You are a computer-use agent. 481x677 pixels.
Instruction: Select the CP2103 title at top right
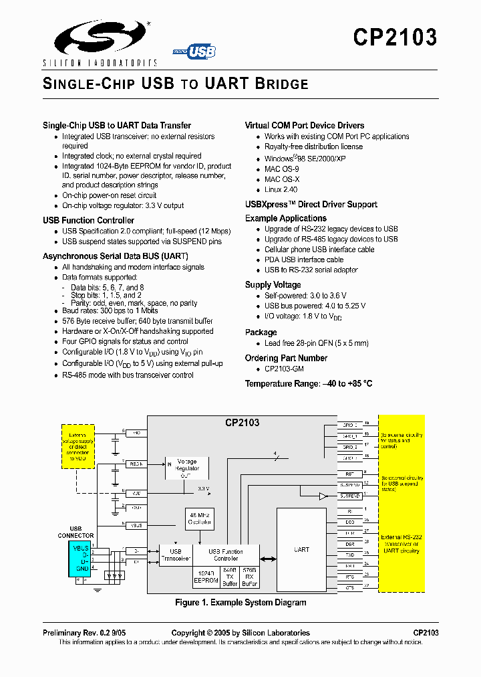pyautogui.click(x=395, y=37)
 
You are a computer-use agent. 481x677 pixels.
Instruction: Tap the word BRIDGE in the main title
pyautogui.click(x=281, y=84)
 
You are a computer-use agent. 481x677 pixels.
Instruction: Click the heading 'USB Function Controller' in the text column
pyautogui.click(x=88, y=220)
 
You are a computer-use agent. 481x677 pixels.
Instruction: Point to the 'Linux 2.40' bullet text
pyautogui.click(x=281, y=190)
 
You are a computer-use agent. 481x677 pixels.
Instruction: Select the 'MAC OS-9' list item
pyautogui.click(x=282, y=169)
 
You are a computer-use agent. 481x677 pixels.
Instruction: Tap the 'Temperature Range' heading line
pyautogui.click(x=308, y=383)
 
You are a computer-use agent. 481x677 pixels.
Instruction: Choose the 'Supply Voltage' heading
pyautogui.click(x=273, y=285)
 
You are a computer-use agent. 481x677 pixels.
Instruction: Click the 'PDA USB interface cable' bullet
pyautogui.click(x=304, y=260)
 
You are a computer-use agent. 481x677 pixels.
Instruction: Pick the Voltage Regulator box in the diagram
pyautogui.click(x=187, y=465)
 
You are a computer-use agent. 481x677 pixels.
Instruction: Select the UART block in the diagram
pyautogui.click(x=302, y=549)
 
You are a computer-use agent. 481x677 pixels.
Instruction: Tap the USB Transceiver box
pyautogui.click(x=175, y=555)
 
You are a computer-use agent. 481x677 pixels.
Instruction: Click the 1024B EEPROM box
pyautogui.click(x=205, y=577)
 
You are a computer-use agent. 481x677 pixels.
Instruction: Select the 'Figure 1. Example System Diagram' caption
pyautogui.click(x=240, y=603)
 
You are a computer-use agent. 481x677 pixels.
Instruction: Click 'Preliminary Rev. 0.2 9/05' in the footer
pyautogui.click(x=84, y=633)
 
